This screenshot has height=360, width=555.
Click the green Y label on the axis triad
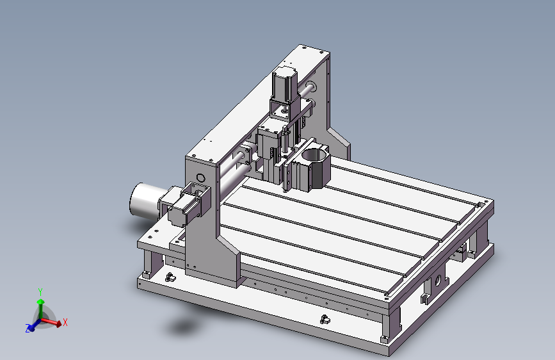(x=40, y=292)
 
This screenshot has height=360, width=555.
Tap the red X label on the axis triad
(x=65, y=322)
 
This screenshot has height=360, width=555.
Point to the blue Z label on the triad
(x=28, y=328)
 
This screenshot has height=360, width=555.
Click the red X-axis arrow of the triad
(x=51, y=322)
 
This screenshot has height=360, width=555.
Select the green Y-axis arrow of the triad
(x=41, y=309)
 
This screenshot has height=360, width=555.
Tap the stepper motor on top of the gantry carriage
(x=285, y=85)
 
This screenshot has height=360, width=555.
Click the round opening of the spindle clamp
(x=314, y=155)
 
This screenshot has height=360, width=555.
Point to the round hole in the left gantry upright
(x=201, y=177)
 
